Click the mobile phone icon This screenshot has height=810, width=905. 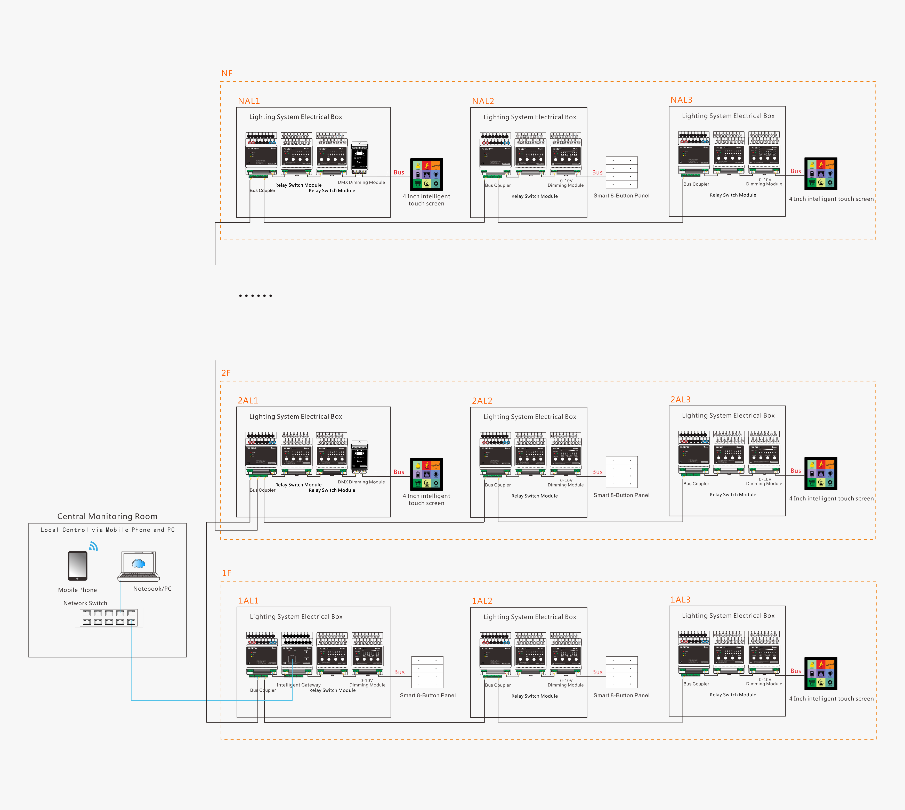click(77, 566)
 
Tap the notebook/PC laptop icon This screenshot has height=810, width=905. click(139, 566)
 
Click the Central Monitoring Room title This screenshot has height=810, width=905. click(107, 516)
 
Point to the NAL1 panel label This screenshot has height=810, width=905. click(248, 101)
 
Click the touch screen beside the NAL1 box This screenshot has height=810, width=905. click(426, 175)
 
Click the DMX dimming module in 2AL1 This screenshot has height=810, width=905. click(359, 457)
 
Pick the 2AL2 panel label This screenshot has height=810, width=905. click(482, 401)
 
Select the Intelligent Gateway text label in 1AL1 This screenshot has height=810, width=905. click(298, 685)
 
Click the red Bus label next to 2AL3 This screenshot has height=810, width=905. click(795, 471)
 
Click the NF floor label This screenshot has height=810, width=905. click(227, 73)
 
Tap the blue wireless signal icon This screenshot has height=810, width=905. click(94, 546)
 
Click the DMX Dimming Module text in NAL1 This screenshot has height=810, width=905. click(361, 183)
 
